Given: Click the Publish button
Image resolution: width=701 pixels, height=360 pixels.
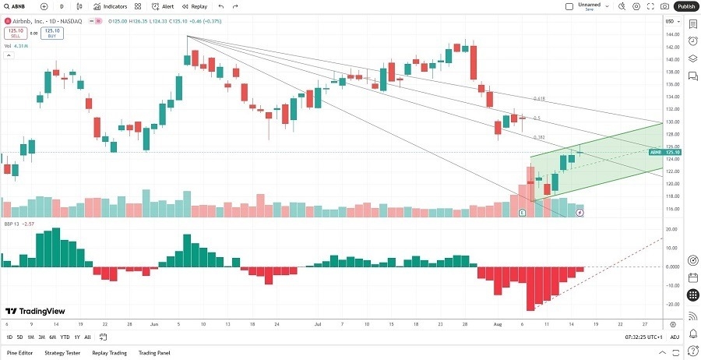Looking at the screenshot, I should pos(685,6).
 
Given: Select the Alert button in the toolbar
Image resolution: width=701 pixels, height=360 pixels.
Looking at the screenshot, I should pos(164,6).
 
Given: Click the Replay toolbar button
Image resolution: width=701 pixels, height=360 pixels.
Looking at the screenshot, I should pos(195,6).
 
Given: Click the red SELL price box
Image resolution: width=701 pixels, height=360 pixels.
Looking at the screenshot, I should pos(15,34).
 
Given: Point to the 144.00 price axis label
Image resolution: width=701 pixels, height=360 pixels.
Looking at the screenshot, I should pos(672,34).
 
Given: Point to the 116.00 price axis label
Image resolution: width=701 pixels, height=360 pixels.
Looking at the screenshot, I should pos(672,209).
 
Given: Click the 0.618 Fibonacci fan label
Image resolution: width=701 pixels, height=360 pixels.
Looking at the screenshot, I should pos(538,99).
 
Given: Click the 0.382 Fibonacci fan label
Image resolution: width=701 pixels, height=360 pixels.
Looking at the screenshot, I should pos(538,137).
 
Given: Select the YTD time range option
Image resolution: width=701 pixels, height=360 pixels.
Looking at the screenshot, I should pos(64,337).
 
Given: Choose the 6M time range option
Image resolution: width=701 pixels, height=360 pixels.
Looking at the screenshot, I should pos(52,337).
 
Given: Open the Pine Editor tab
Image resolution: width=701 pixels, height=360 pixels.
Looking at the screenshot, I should pos(19,352).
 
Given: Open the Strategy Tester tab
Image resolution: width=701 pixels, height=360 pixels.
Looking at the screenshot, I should pos(62,352).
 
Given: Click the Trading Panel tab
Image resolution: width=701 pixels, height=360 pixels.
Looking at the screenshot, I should pos(153,352).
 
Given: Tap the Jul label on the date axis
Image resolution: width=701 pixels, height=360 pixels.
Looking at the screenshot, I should pos(318,323).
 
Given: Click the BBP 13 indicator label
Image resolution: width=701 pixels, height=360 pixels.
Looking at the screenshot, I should pos(13,224).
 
